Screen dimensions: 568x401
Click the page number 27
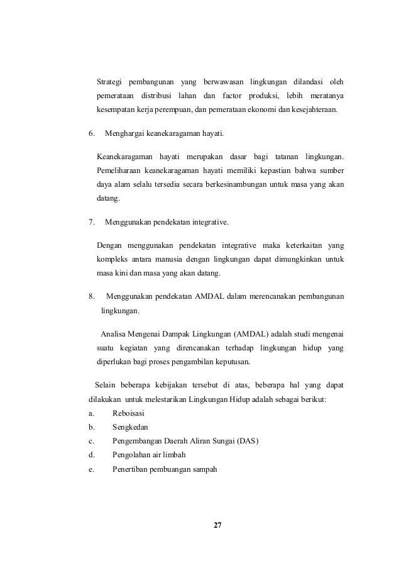pos(218,526)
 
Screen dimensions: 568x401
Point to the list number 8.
pos(91,296)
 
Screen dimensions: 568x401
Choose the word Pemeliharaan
pos(118,170)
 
